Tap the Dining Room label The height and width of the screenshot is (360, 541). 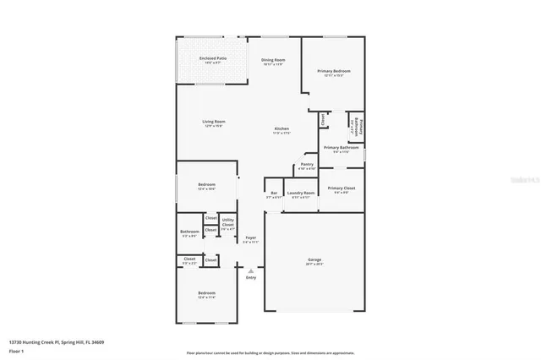coord(272,59)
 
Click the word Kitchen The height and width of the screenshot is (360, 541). coord(281,128)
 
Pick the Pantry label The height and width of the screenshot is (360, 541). coord(307,164)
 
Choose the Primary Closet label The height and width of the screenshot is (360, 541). coord(342,188)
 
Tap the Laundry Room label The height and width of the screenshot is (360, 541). coord(302,193)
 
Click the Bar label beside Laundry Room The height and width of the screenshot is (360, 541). coord(273,193)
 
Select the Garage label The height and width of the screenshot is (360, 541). coord(314,259)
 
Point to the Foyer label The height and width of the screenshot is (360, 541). coord(251,237)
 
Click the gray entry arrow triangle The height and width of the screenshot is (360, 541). coord(250,270)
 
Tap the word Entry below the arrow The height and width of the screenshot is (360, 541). coord(250,277)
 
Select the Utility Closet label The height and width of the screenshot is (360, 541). coord(228,222)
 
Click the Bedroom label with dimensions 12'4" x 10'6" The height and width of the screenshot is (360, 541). coord(207,184)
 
